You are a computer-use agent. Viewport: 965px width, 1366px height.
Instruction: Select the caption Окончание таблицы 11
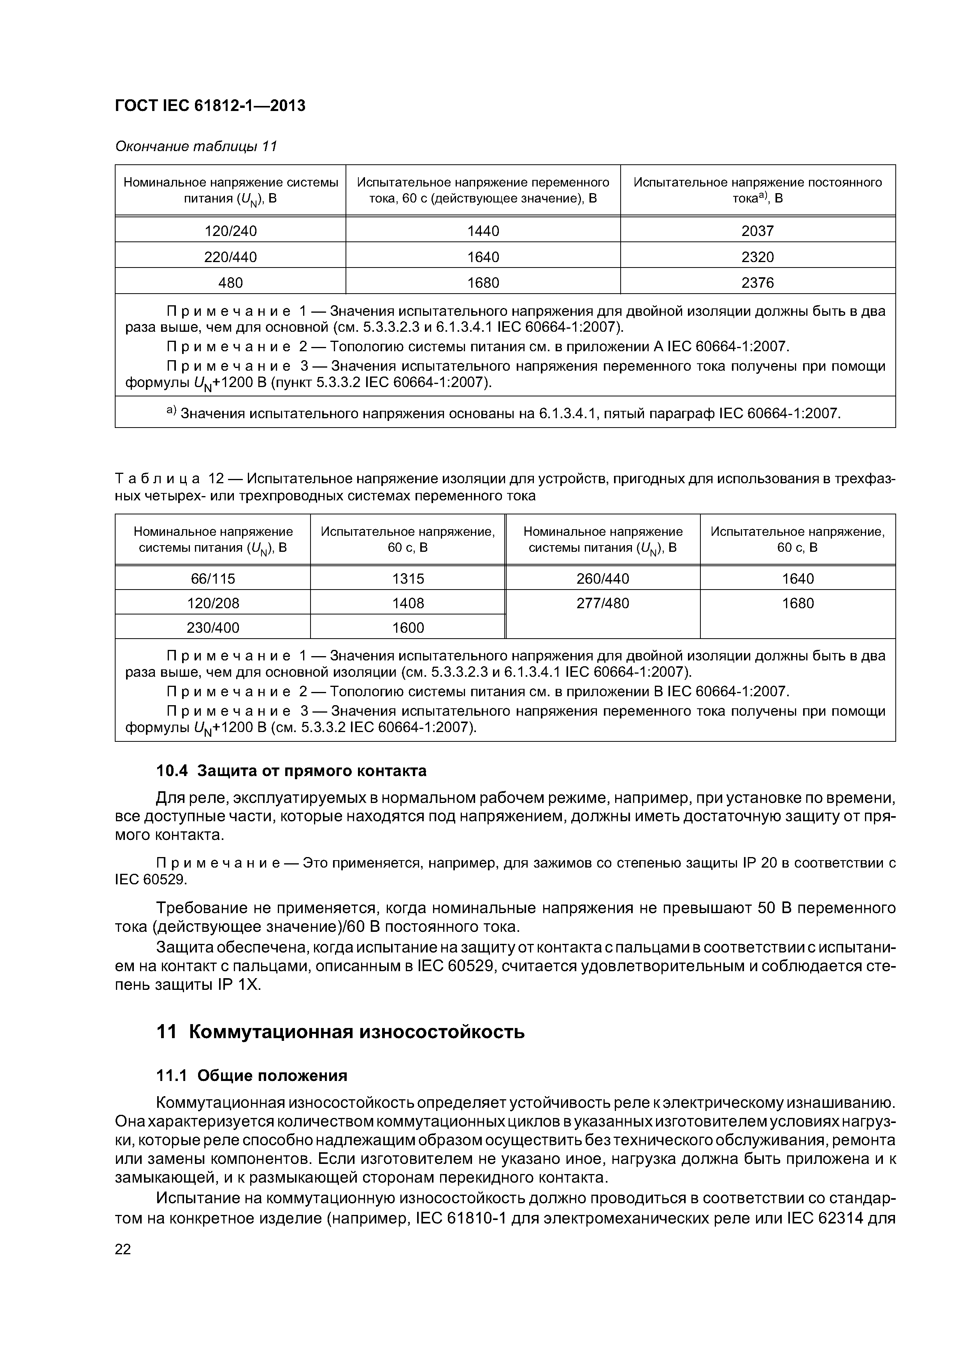pos(196,146)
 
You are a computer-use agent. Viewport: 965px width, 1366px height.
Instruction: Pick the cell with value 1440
pos(483,231)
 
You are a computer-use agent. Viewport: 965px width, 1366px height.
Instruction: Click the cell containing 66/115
pos(212,578)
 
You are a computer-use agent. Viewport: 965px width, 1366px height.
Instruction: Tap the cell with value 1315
pos(407,578)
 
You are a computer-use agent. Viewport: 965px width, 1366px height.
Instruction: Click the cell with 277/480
pos(602,603)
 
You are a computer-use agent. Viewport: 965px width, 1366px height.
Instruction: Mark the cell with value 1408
pos(407,603)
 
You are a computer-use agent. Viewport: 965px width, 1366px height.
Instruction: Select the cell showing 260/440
pos(602,578)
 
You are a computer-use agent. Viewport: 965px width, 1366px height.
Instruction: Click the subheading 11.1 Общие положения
pos(251,1076)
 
